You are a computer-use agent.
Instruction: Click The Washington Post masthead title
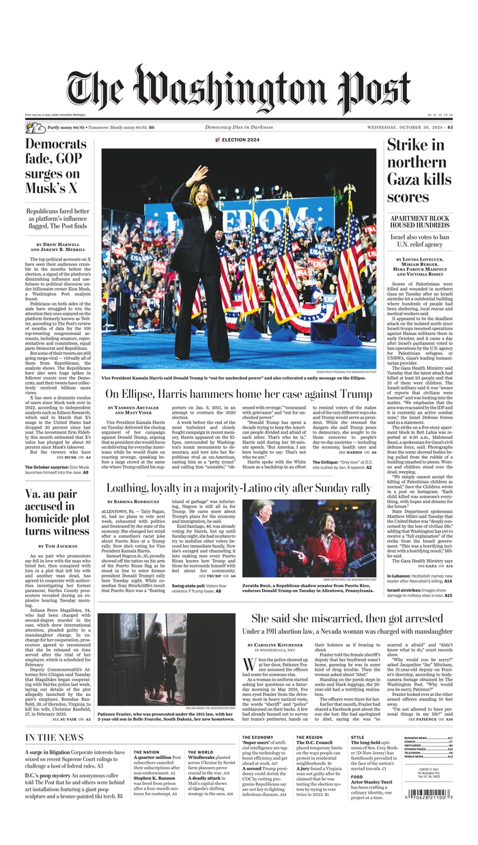(238, 91)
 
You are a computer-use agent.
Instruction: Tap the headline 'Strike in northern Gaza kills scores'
(419, 171)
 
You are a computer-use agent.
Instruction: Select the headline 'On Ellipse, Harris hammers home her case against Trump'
(238, 394)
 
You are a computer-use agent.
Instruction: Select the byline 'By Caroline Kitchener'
(277, 645)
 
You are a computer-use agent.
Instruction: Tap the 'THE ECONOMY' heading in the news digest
(257, 737)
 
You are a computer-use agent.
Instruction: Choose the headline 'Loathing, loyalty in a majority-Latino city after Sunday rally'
(238, 488)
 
